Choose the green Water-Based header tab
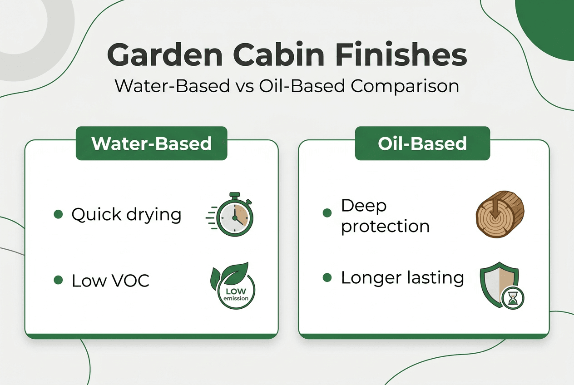coord(151,143)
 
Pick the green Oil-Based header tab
coord(422,143)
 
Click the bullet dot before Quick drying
coord(58,214)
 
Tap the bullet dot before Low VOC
coord(58,281)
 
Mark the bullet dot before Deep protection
coord(327,212)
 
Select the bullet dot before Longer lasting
coord(327,277)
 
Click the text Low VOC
coord(110,281)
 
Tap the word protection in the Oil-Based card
coord(385,226)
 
